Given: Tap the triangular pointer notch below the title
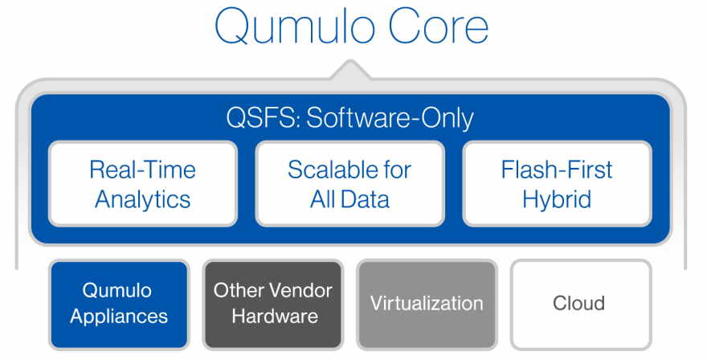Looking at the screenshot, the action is tap(351, 71).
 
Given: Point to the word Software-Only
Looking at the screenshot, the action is tap(390, 118).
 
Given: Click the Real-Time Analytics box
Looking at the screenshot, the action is tap(143, 183).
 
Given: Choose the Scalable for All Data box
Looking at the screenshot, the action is tap(350, 183).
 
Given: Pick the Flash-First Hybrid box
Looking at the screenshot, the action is tap(557, 183).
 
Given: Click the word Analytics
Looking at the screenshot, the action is tap(143, 199).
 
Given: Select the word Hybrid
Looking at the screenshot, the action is tap(557, 199).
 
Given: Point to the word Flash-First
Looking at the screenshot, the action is tap(557, 170).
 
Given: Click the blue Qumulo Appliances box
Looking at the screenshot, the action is tap(119, 305).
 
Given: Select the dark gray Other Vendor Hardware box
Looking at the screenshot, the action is tap(273, 305).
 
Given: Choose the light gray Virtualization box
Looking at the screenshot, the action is tap(427, 305).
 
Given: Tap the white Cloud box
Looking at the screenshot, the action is tap(581, 305).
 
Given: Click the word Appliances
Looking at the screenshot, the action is tap(119, 317).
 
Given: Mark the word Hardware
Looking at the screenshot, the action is tap(275, 316).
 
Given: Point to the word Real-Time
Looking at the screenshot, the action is tap(142, 170).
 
